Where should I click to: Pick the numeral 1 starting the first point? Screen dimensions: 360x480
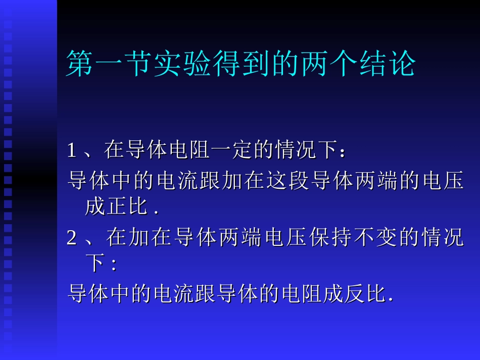[x=72, y=150]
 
